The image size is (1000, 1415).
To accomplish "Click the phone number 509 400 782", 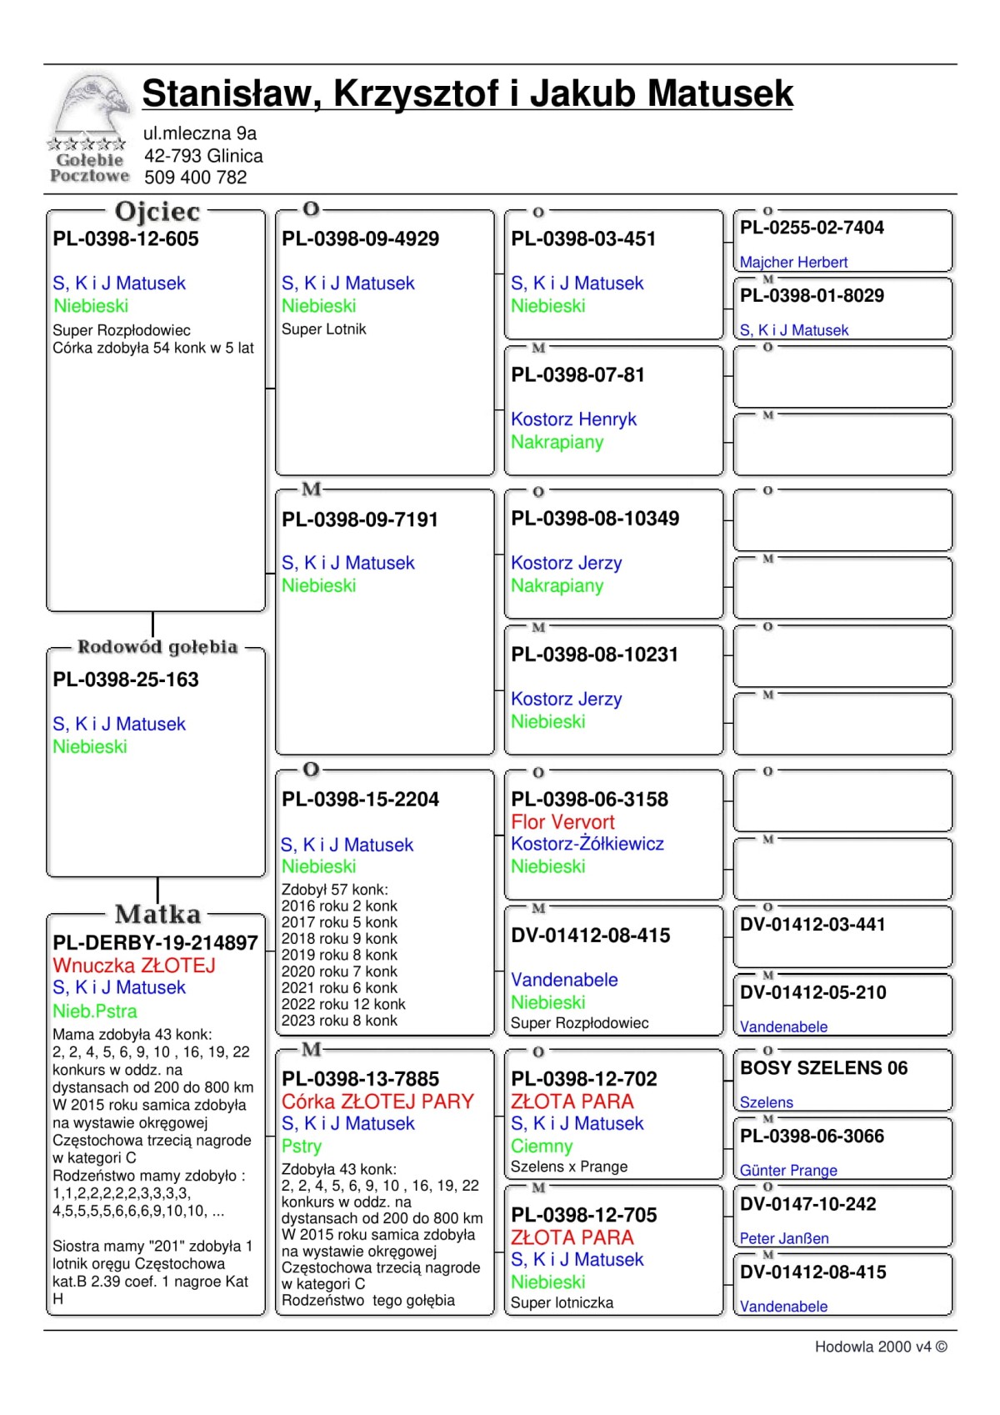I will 196,178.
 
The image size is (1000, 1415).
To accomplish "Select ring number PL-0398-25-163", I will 126,680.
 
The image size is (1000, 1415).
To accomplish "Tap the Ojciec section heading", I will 157,212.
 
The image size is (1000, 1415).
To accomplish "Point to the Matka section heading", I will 157,915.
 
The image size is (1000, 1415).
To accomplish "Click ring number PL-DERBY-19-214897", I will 156,943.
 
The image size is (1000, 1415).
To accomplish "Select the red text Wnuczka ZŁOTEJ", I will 134,966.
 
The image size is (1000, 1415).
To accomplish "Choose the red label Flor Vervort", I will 562,822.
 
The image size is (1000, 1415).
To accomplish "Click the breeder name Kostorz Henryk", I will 573,419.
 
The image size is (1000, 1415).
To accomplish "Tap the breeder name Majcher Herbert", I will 793,263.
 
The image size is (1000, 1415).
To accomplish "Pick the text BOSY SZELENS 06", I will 823,1068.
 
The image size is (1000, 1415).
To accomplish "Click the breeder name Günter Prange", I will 788,1171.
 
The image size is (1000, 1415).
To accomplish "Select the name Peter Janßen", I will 784,1239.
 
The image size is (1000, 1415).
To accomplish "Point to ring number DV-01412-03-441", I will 812,925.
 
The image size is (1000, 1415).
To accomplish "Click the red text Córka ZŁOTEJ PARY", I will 377,1101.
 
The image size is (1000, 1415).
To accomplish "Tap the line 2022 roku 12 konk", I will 343,1005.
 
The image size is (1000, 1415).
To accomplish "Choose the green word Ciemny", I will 542,1147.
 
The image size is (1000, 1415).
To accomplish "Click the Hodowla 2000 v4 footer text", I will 881,1347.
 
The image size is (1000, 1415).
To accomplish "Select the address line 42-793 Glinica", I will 203,156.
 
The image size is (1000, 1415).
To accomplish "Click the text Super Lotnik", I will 324,329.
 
